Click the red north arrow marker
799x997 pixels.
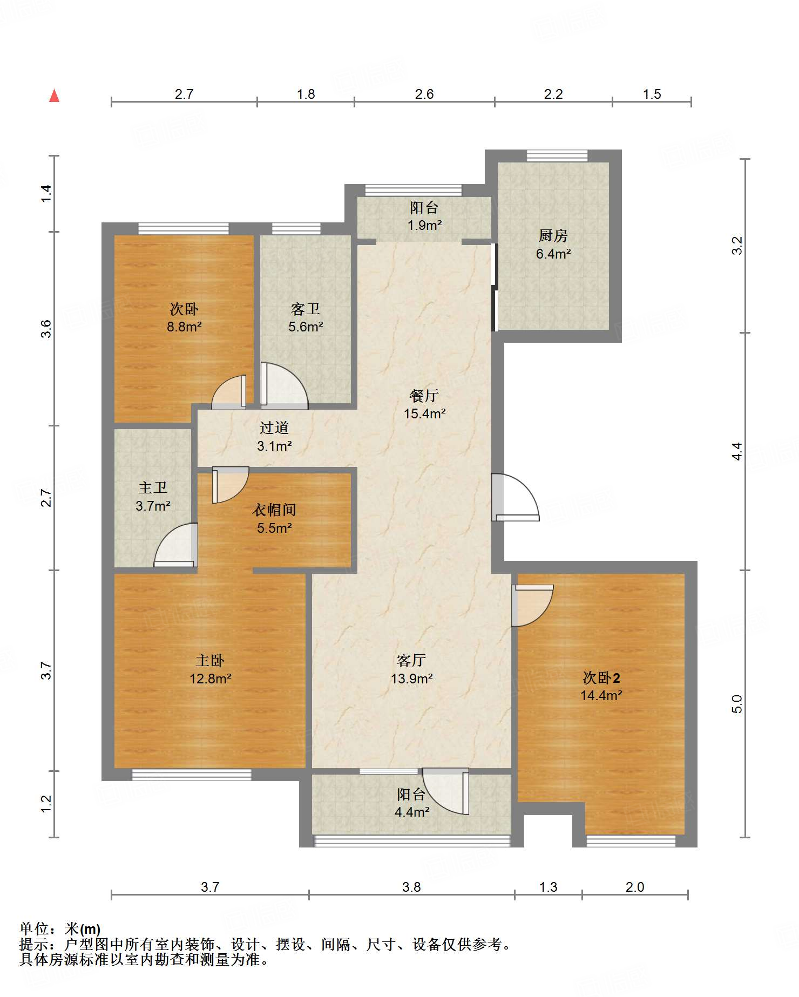click(x=54, y=96)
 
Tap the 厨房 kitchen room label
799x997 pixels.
click(x=553, y=236)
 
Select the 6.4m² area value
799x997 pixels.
click(x=553, y=254)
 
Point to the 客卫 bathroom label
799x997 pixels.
click(x=306, y=309)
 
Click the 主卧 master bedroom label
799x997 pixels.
click(x=210, y=661)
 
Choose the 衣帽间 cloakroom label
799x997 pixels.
click(x=274, y=510)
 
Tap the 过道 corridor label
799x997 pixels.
click(x=274, y=428)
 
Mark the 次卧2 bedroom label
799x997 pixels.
click(x=601, y=678)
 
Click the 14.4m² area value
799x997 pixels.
click(x=601, y=696)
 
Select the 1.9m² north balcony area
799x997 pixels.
click(x=424, y=225)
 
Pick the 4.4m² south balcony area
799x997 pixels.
click(x=412, y=812)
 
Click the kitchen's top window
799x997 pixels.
click(x=557, y=156)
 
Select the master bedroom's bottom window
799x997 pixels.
click(x=192, y=775)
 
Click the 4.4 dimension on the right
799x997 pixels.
click(x=737, y=451)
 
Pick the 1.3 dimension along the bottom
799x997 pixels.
click(x=548, y=887)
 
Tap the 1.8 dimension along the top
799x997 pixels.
click(x=306, y=94)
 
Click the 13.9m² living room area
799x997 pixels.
click(x=412, y=679)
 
